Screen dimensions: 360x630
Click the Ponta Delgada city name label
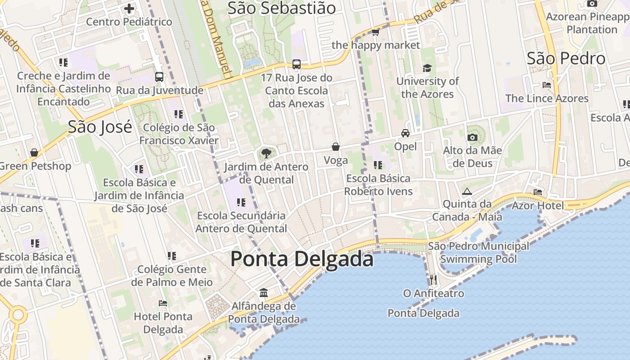(301, 260)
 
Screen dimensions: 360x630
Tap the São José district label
(100, 127)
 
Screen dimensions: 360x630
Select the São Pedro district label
(566, 58)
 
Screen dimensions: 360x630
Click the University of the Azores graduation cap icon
(427, 68)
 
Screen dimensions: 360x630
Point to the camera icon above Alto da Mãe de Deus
(472, 137)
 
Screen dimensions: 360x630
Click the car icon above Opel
(405, 133)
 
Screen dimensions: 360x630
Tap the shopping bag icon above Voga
(335, 147)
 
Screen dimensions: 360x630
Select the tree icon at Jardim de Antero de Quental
(266, 153)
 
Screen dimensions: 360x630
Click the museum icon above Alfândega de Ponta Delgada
(264, 293)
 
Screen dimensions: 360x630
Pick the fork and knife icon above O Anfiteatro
(433, 280)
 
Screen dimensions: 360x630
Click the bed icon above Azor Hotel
(537, 192)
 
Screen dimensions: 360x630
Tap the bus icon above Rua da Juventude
(159, 77)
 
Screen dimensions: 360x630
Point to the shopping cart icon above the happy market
(375, 32)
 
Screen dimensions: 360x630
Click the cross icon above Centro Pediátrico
(129, 8)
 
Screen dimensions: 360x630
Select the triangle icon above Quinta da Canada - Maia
(467, 191)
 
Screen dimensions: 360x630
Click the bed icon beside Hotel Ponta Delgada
(163, 303)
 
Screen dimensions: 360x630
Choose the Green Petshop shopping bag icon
(34, 153)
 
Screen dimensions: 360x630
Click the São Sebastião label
(281, 8)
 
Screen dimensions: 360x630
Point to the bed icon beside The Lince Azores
(547, 85)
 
